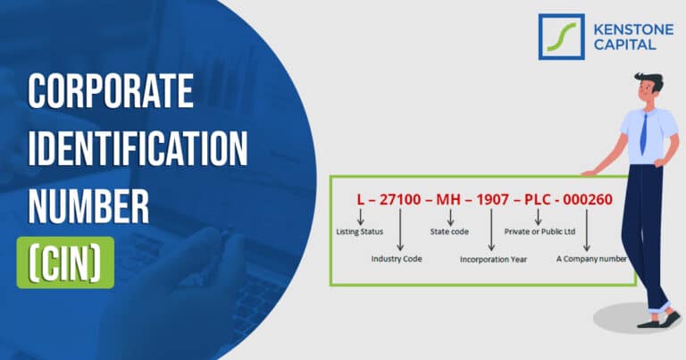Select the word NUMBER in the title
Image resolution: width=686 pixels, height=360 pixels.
tap(88, 205)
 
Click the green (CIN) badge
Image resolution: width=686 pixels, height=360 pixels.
tap(65, 262)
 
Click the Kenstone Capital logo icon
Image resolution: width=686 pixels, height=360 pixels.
tap(561, 37)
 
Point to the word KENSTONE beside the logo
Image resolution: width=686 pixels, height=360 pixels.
tap(629, 29)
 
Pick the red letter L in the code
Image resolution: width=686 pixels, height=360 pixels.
tap(360, 198)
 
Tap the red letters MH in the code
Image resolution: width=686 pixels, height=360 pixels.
tap(450, 198)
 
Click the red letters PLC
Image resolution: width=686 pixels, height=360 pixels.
tap(539, 198)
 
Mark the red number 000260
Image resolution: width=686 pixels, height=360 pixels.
tap(588, 198)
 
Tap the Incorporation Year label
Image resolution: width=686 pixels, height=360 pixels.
tap(494, 260)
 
